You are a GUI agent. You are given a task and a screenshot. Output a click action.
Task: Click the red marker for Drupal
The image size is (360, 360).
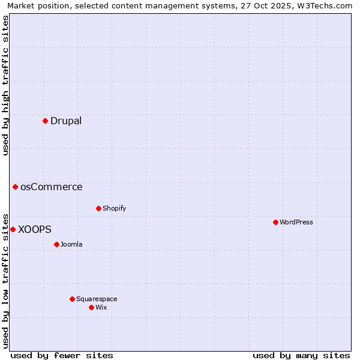click(45, 121)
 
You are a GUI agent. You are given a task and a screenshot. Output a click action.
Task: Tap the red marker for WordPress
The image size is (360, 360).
click(275, 223)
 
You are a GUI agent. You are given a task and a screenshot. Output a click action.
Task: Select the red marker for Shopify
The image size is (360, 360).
click(98, 209)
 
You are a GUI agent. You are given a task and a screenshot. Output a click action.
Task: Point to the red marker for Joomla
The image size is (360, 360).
click(56, 245)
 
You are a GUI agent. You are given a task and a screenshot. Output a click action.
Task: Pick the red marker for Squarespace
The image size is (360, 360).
click(72, 299)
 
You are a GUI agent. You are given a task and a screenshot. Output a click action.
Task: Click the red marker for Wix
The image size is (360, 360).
click(91, 308)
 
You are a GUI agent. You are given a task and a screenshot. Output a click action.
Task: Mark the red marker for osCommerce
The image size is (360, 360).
click(15, 187)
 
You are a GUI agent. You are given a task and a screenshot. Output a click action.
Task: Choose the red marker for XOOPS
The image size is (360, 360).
click(13, 230)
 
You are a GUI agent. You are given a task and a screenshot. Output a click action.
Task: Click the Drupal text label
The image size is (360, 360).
click(66, 121)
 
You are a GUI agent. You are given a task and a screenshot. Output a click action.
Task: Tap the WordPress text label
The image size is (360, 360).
click(296, 223)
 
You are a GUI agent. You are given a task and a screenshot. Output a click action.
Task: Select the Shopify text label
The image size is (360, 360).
click(114, 209)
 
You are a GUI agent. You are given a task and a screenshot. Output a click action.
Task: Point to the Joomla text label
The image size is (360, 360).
click(71, 245)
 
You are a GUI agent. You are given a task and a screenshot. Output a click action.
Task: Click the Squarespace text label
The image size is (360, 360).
click(97, 299)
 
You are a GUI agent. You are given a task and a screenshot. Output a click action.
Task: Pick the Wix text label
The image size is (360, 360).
click(101, 308)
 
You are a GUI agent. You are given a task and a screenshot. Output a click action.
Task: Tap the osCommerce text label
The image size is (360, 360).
click(52, 187)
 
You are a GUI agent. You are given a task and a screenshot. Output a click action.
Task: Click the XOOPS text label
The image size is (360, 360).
click(35, 230)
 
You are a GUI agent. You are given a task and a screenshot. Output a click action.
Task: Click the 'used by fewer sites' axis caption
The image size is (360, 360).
click(62, 356)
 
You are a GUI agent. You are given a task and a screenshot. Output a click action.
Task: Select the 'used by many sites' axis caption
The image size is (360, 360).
click(301, 356)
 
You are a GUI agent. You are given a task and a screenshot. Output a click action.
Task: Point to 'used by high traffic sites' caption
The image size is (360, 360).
click(6, 85)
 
